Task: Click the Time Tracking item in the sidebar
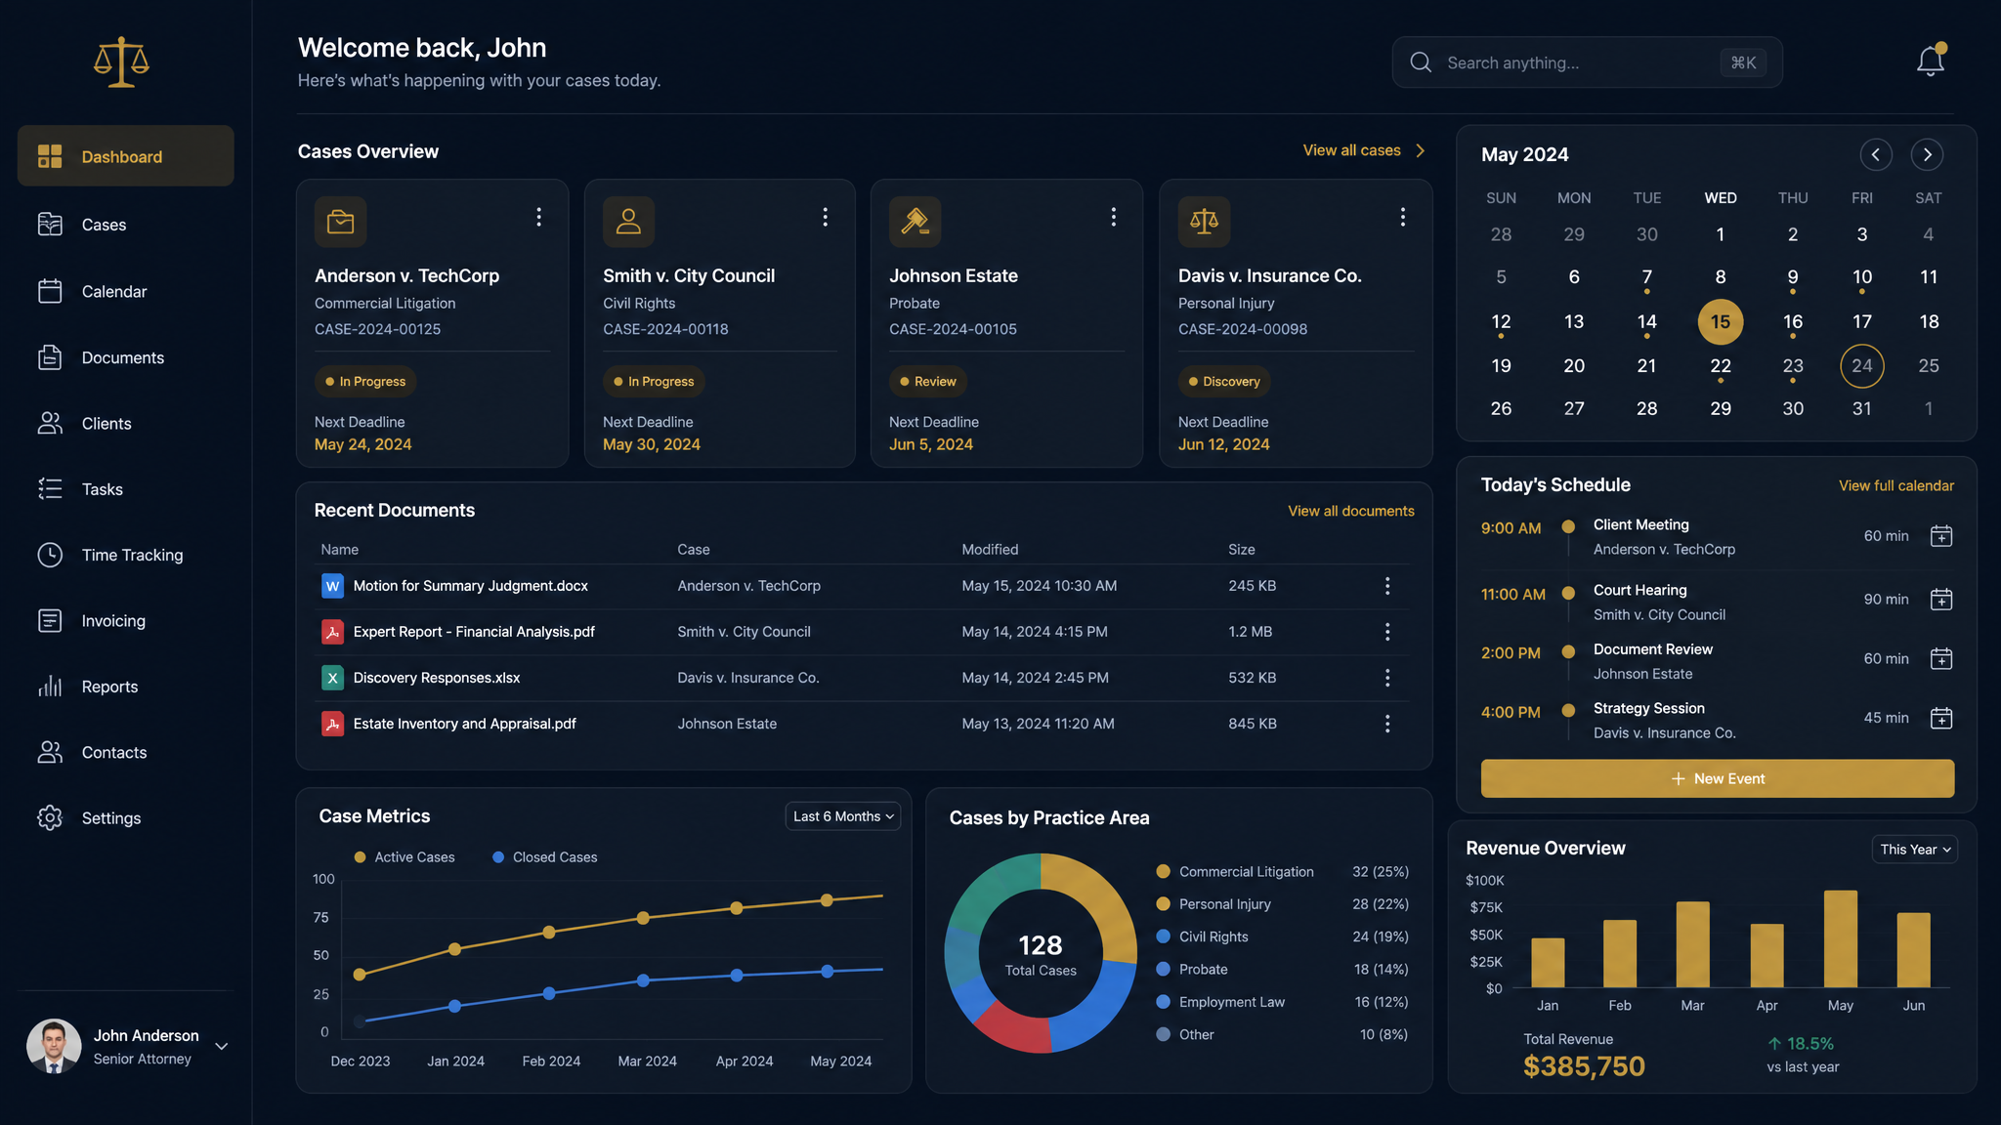(x=132, y=555)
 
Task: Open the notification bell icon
(x=1930, y=61)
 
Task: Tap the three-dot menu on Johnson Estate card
(x=1113, y=217)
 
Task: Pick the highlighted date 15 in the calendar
(x=1721, y=321)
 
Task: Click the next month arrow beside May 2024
(x=1927, y=154)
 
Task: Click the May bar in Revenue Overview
(x=1841, y=938)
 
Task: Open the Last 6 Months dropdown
(x=843, y=816)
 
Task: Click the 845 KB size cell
(x=1253, y=724)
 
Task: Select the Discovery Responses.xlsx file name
(x=437, y=678)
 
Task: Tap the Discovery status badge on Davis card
(x=1224, y=382)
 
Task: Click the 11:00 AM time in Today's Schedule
(x=1513, y=594)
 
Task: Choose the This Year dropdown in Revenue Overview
(x=1915, y=850)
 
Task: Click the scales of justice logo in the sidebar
(x=121, y=62)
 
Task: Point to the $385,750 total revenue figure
(x=1584, y=1066)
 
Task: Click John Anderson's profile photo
(x=54, y=1046)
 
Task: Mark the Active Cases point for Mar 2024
(x=643, y=918)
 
